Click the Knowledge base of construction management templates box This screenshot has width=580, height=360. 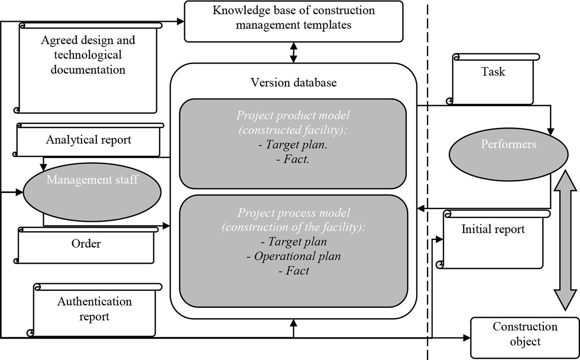[x=294, y=21]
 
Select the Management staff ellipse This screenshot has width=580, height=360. [x=92, y=191]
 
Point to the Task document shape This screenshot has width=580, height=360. [x=493, y=79]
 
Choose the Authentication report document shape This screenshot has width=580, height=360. [x=94, y=310]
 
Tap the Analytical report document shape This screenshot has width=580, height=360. [x=88, y=140]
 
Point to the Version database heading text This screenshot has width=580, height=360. [x=294, y=82]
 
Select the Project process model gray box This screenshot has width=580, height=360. [x=293, y=251]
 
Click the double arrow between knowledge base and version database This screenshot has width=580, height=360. [x=294, y=52]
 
